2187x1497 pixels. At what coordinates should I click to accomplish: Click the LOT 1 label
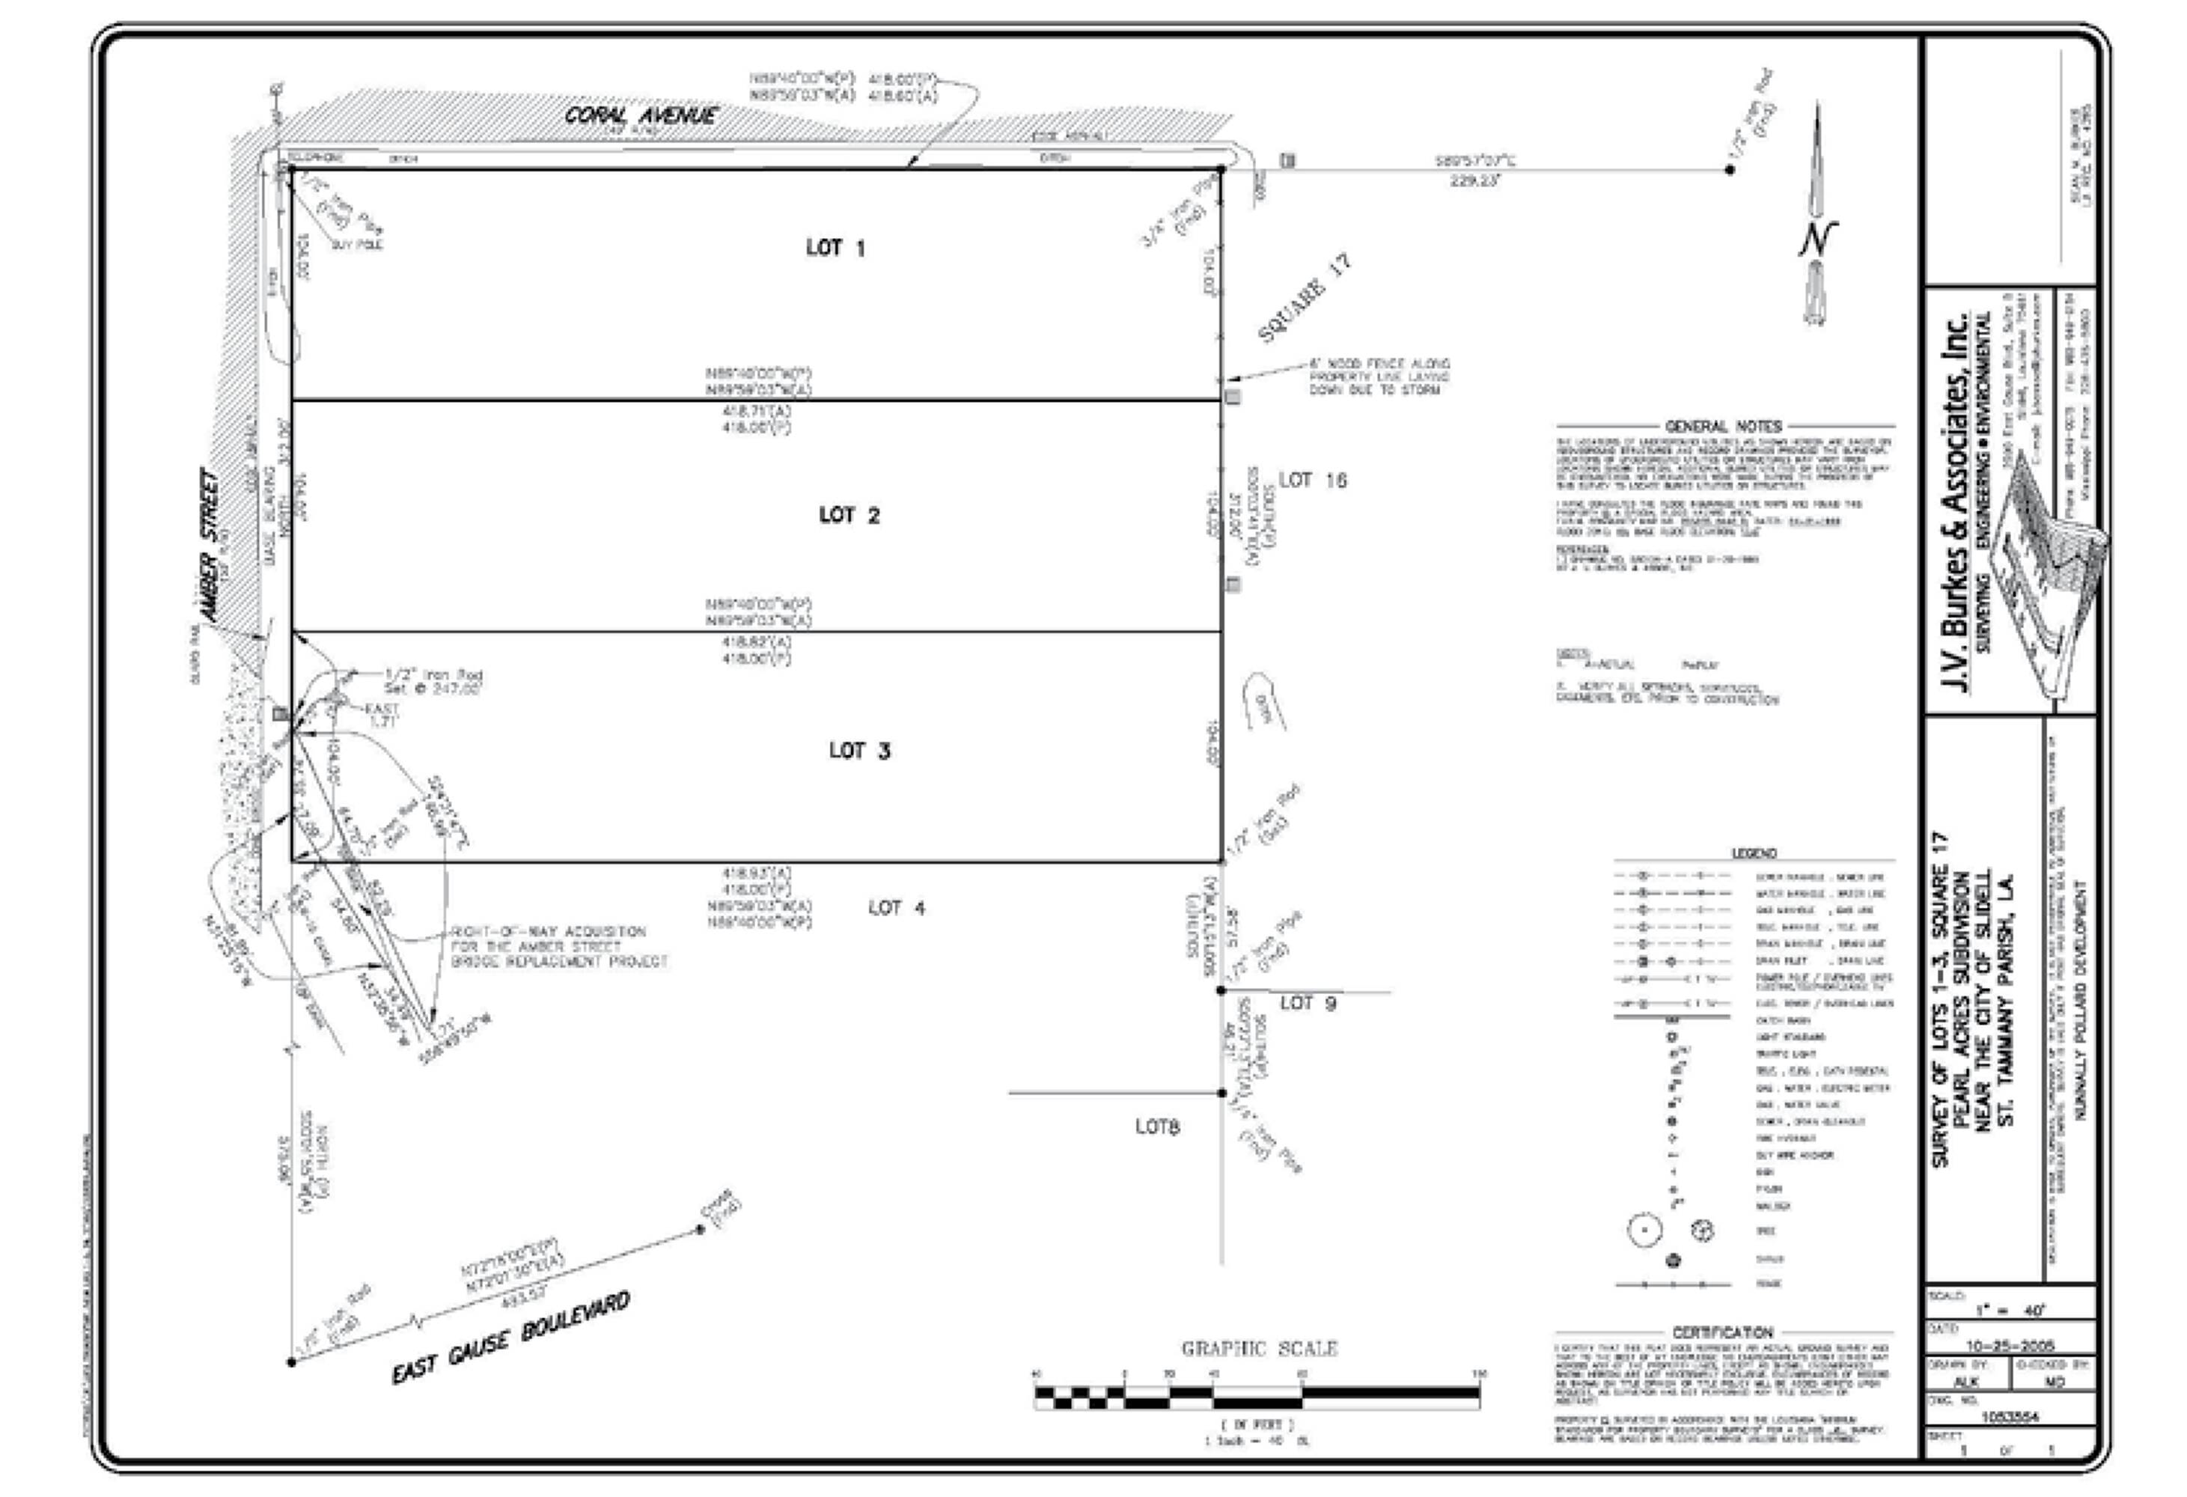pos(835,248)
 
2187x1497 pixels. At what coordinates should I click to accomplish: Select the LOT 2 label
pos(849,515)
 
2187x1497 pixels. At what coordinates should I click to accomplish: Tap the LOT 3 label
pos(859,750)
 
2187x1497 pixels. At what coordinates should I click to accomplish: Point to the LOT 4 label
pos(896,908)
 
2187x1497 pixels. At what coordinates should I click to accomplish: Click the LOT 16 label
pos(1312,480)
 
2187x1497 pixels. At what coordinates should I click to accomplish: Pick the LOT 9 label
pos(1307,1003)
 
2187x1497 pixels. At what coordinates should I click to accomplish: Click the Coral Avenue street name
pos(640,116)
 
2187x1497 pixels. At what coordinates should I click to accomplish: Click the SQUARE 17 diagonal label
pos(1305,298)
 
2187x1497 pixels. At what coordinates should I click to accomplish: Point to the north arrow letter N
pos(1817,238)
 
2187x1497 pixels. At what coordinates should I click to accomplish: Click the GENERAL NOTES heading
pos(1723,426)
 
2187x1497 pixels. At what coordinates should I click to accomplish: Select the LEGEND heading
pos(1753,853)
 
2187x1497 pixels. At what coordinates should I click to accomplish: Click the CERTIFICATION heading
pos(1722,1332)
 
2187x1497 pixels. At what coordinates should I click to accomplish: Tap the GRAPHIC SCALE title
pos(1259,1348)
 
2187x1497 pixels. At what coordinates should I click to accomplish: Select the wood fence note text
pos(1379,376)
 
